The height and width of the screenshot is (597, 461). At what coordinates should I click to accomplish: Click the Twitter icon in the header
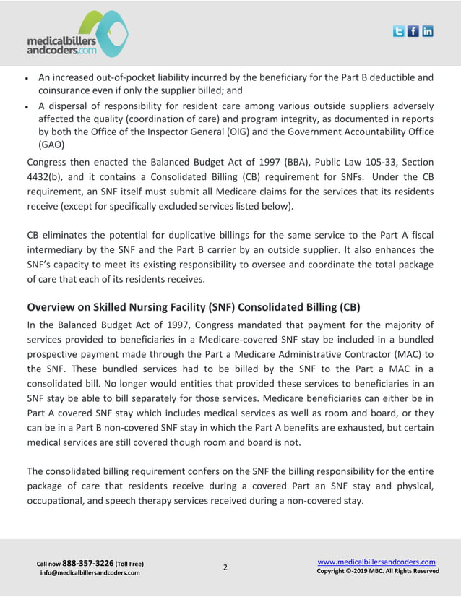(399, 31)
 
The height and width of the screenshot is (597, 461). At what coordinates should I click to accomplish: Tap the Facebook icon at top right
(413, 31)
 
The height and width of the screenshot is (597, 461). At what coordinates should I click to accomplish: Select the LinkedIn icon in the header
(428, 31)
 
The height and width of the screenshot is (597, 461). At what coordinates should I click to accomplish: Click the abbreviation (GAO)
(52, 144)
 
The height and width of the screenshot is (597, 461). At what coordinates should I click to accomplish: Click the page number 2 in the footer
(225, 567)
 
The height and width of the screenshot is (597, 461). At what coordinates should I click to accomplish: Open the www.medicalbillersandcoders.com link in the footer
(376, 562)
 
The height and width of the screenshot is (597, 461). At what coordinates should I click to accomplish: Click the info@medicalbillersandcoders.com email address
(90, 573)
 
